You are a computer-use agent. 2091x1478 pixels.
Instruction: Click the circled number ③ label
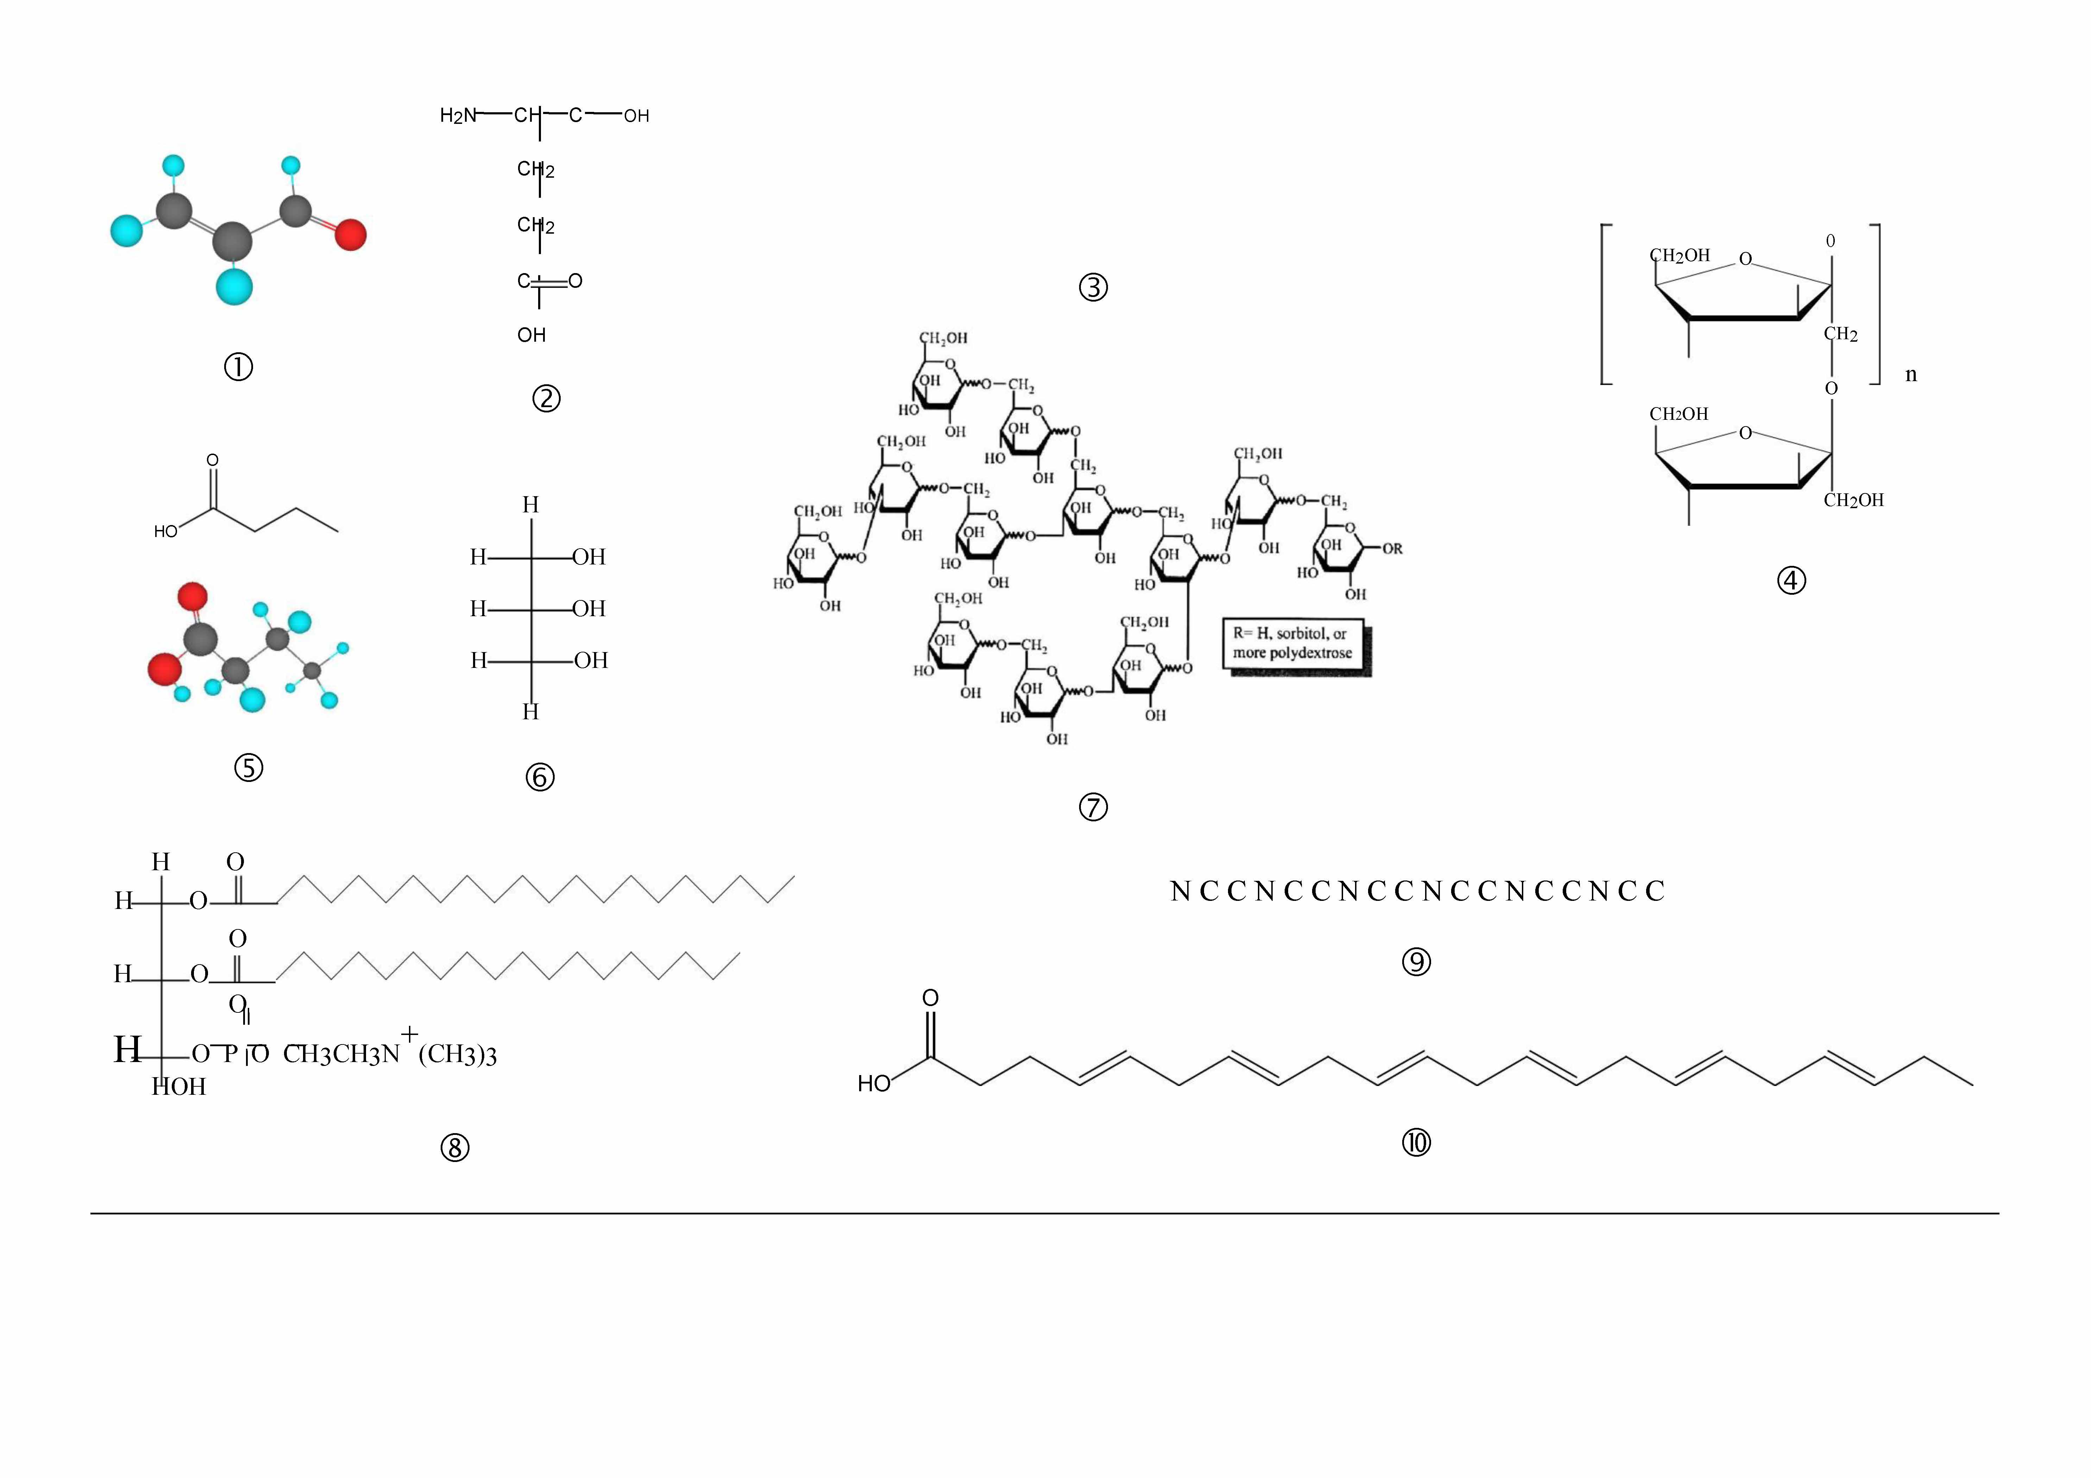(x=1093, y=288)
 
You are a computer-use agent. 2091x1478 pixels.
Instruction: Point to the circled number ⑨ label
(x=1416, y=962)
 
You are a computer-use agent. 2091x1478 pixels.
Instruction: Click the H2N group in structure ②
(x=457, y=116)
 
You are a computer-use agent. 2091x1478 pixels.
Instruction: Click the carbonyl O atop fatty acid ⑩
(x=930, y=998)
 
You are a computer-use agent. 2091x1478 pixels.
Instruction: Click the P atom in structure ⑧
(x=231, y=1055)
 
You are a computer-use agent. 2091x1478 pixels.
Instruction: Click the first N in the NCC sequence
(x=1180, y=891)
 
